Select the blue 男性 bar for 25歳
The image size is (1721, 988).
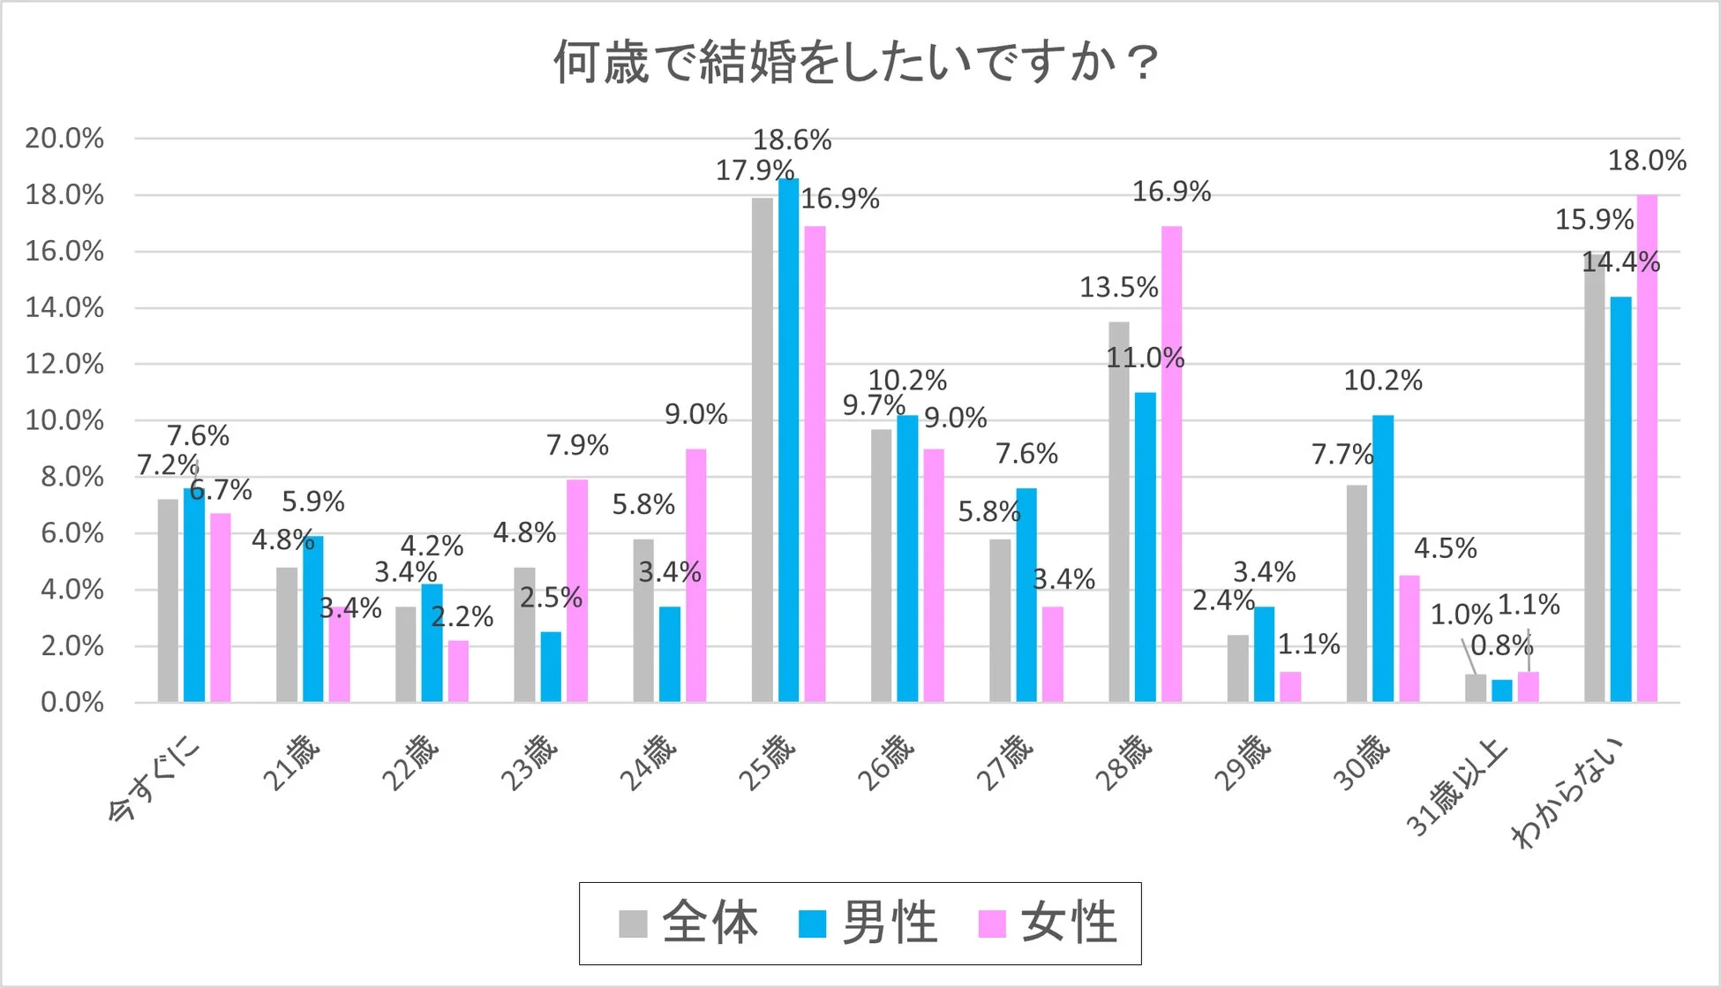click(x=788, y=441)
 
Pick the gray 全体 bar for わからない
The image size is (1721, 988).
click(x=1594, y=477)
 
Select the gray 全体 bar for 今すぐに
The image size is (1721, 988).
click(x=168, y=600)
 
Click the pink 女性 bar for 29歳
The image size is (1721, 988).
click(x=1289, y=687)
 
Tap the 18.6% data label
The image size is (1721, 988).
click(x=792, y=140)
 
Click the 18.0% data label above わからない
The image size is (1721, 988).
click(x=1647, y=161)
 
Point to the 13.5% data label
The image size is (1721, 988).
click(x=1118, y=287)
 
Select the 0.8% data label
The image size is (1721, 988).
click(x=1501, y=645)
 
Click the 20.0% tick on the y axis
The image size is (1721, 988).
click(x=64, y=139)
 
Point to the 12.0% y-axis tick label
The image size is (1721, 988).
click(x=64, y=364)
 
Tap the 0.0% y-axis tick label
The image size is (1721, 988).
click(x=72, y=703)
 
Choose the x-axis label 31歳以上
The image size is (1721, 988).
click(x=1456, y=788)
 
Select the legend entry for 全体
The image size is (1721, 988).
click(x=689, y=924)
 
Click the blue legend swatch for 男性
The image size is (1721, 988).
click(x=812, y=924)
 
